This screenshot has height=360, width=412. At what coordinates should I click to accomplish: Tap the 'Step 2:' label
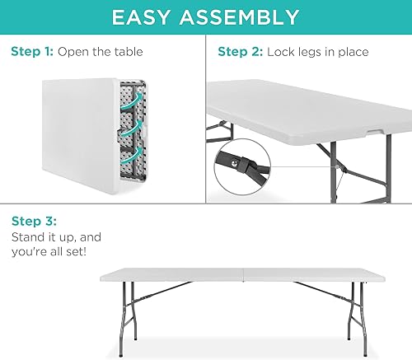coord(239,52)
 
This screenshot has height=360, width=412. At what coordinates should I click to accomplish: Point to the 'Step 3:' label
coord(33,221)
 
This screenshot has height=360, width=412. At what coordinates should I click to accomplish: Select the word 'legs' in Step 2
coord(312,52)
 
